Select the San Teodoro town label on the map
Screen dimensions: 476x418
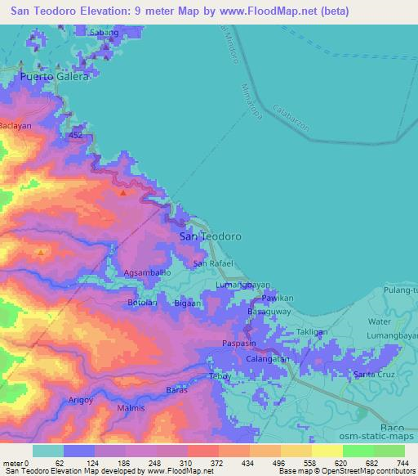click(x=210, y=236)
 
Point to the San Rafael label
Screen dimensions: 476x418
click(x=214, y=263)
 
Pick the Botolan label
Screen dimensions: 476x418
click(x=142, y=303)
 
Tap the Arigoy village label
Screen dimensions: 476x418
click(x=79, y=399)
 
